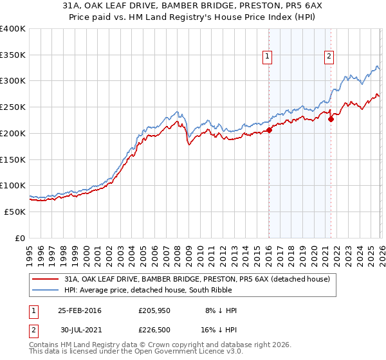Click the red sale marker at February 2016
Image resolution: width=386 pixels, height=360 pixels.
(269, 130)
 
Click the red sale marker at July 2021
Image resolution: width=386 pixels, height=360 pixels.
(331, 119)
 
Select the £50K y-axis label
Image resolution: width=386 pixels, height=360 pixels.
(15, 212)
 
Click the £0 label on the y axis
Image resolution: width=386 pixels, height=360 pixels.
(20, 238)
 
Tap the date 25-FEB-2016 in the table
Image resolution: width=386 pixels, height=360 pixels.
(79, 310)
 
